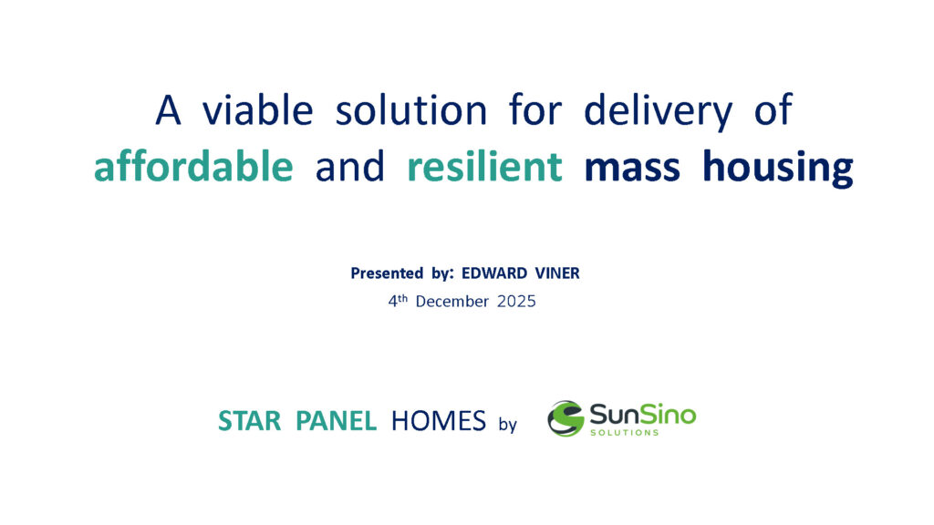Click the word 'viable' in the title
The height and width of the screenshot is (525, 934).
click(257, 110)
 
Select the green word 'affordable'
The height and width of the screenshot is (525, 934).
click(193, 166)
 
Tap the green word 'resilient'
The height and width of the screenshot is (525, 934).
click(485, 166)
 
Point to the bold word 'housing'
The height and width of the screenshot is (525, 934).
click(778, 169)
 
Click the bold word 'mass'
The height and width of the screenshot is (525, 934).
click(632, 169)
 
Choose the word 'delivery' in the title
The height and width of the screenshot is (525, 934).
click(659, 112)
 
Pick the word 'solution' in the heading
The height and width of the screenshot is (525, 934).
click(411, 110)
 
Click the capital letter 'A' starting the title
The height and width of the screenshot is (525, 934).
click(168, 110)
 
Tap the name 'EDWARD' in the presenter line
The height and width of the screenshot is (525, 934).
click(494, 273)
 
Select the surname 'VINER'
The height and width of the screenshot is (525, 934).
click(557, 273)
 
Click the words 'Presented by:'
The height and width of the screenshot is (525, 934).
click(402, 273)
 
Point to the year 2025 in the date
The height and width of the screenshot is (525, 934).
click(516, 302)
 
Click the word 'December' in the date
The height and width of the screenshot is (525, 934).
click(452, 302)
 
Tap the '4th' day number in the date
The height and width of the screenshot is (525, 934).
click(398, 301)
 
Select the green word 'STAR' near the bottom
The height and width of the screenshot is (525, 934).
click(249, 421)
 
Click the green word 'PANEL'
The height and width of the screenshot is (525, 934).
click(336, 421)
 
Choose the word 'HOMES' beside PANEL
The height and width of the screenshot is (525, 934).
click(439, 421)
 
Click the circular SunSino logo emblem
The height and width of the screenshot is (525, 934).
click(566, 418)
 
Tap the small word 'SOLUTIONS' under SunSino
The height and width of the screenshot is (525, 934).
click(624, 433)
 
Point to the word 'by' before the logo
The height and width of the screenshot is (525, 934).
click(507, 425)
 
